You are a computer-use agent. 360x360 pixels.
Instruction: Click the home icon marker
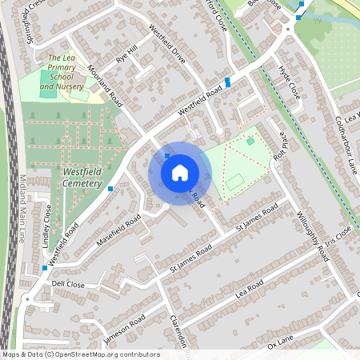pos(180,173)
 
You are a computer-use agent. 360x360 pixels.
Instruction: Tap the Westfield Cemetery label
pos(82,178)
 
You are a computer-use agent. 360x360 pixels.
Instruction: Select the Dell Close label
pos(68,284)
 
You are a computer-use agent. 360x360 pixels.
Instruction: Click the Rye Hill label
pos(127,54)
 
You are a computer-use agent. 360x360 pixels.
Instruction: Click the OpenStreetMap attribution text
pos(81,354)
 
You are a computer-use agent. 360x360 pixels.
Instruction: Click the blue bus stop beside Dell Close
pos(44,267)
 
